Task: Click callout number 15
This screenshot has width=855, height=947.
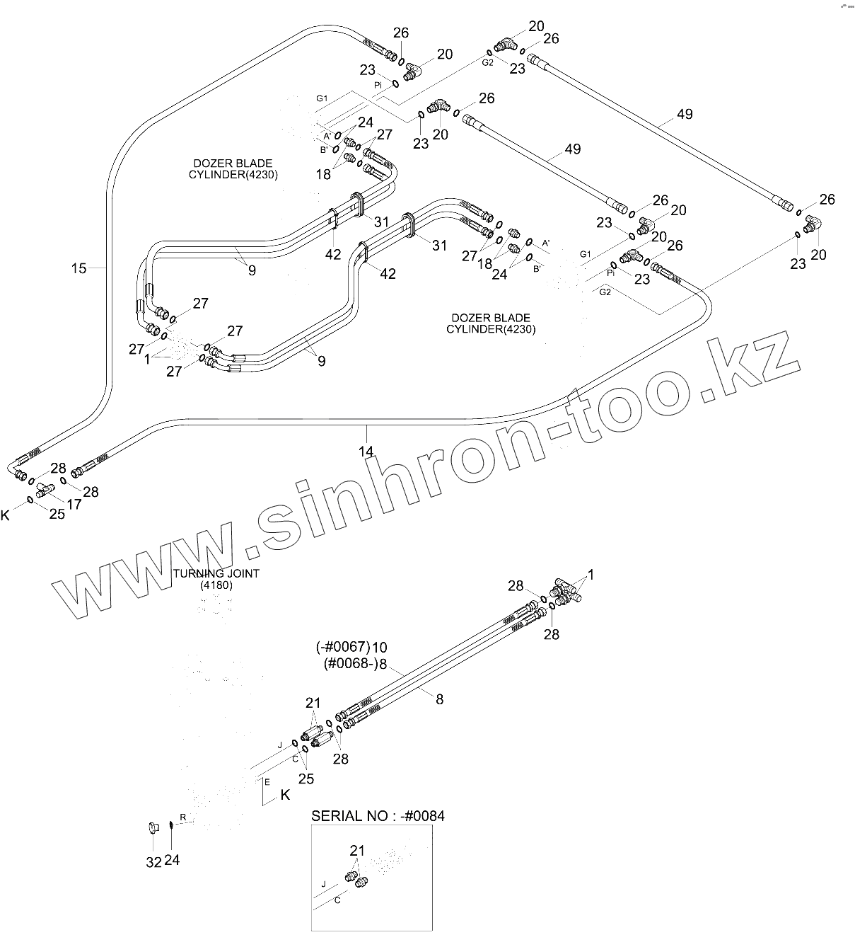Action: point(78,268)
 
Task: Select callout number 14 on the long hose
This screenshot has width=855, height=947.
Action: point(366,450)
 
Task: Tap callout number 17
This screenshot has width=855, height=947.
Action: point(74,504)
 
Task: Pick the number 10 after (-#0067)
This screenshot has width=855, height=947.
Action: point(380,647)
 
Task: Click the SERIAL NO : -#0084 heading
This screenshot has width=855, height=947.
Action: point(378,815)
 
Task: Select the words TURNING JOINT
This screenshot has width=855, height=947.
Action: point(216,573)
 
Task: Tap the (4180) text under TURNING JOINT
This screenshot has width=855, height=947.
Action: point(216,585)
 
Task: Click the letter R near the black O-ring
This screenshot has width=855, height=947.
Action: point(182,817)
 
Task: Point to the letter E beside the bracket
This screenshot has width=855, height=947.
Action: point(267,782)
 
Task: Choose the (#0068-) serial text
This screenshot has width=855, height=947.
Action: point(350,664)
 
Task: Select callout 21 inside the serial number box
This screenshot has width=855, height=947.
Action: point(357,849)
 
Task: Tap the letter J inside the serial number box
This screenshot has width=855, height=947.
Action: point(323,884)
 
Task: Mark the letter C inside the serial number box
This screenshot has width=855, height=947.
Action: point(337,900)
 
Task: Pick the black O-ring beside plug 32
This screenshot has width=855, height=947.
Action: point(172,826)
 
